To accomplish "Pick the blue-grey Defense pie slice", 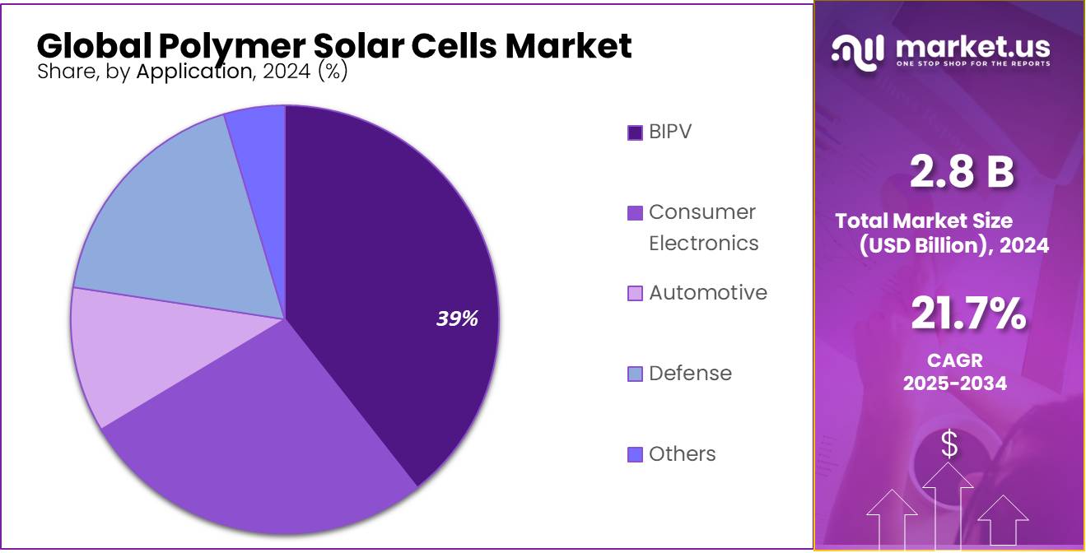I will pyautogui.click(x=181, y=222).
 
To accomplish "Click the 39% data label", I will pyautogui.click(x=457, y=319).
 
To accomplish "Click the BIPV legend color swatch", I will pyautogui.click(x=635, y=132).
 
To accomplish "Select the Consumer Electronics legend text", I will pyautogui.click(x=703, y=228).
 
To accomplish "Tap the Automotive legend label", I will pyautogui.click(x=707, y=293).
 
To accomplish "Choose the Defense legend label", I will pyautogui.click(x=690, y=374).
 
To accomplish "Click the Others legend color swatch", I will pyautogui.click(x=635, y=454).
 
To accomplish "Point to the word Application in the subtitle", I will pyautogui.click(x=194, y=72).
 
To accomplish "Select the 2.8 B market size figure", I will pyautogui.click(x=962, y=172).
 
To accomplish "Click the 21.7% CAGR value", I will pyautogui.click(x=968, y=314).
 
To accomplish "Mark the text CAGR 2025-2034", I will pyautogui.click(x=955, y=372).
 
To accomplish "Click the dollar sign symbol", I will pyautogui.click(x=949, y=444).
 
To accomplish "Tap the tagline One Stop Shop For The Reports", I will pyautogui.click(x=973, y=64).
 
